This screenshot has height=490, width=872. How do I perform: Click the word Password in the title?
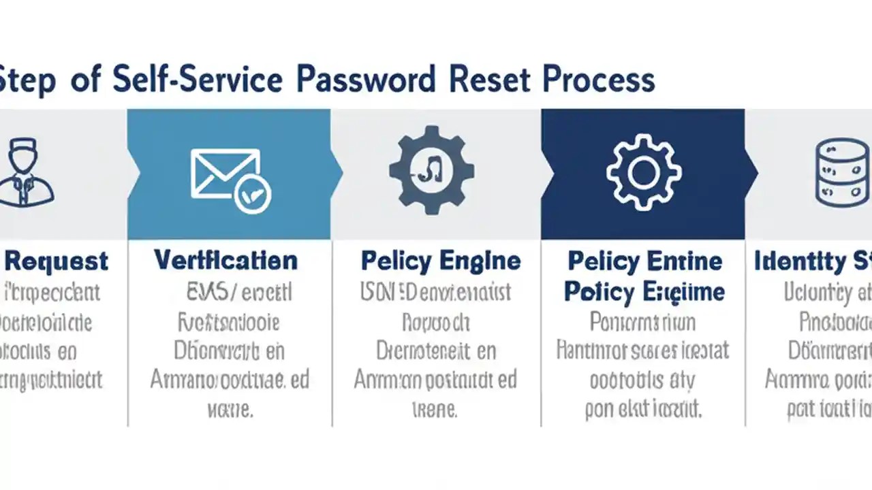point(367,80)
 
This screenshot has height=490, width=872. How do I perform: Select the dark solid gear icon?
point(432,170)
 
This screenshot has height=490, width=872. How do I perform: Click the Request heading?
point(56,261)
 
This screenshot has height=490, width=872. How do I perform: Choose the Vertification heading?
point(225,260)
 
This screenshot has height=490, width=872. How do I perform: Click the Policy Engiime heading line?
point(644,292)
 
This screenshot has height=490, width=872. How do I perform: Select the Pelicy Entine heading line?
point(644,261)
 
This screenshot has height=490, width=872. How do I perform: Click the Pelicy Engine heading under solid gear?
point(440,261)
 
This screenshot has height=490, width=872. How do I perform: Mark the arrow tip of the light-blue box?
point(340,174)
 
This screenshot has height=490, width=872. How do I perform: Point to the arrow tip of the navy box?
point(755,174)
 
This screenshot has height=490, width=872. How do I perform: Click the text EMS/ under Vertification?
point(212,293)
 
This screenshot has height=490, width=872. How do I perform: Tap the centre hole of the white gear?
point(643,171)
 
